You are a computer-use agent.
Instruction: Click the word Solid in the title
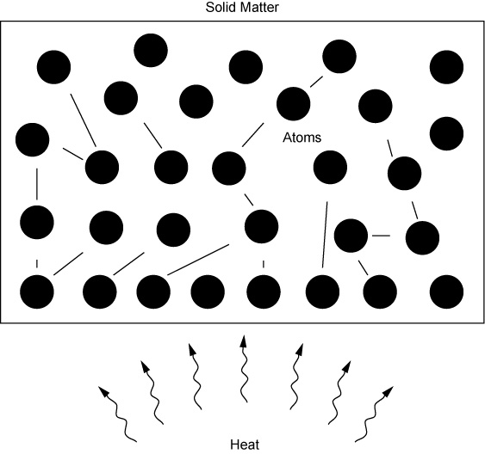(x=218, y=7)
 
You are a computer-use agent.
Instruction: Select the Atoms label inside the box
(x=302, y=138)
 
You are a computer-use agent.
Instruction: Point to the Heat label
(x=245, y=445)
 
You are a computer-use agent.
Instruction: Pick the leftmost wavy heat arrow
(x=118, y=414)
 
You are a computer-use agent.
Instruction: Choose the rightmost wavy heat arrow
(x=374, y=414)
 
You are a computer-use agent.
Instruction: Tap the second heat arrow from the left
(x=152, y=393)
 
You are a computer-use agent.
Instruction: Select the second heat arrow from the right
(x=339, y=393)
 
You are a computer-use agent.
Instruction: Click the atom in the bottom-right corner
(x=446, y=291)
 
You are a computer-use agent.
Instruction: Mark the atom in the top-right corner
(x=446, y=67)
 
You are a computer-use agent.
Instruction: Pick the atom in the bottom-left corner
(x=37, y=291)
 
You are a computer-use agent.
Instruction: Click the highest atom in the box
(x=151, y=51)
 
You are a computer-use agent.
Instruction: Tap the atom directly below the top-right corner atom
(x=446, y=133)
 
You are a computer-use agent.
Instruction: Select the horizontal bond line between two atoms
(x=381, y=236)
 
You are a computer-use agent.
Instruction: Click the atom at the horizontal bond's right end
(x=422, y=238)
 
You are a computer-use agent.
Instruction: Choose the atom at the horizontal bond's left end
(x=351, y=236)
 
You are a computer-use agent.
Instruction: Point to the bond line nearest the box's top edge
(x=316, y=82)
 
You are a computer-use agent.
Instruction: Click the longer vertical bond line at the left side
(x=37, y=184)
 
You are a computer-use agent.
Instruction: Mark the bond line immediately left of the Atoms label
(x=253, y=135)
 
